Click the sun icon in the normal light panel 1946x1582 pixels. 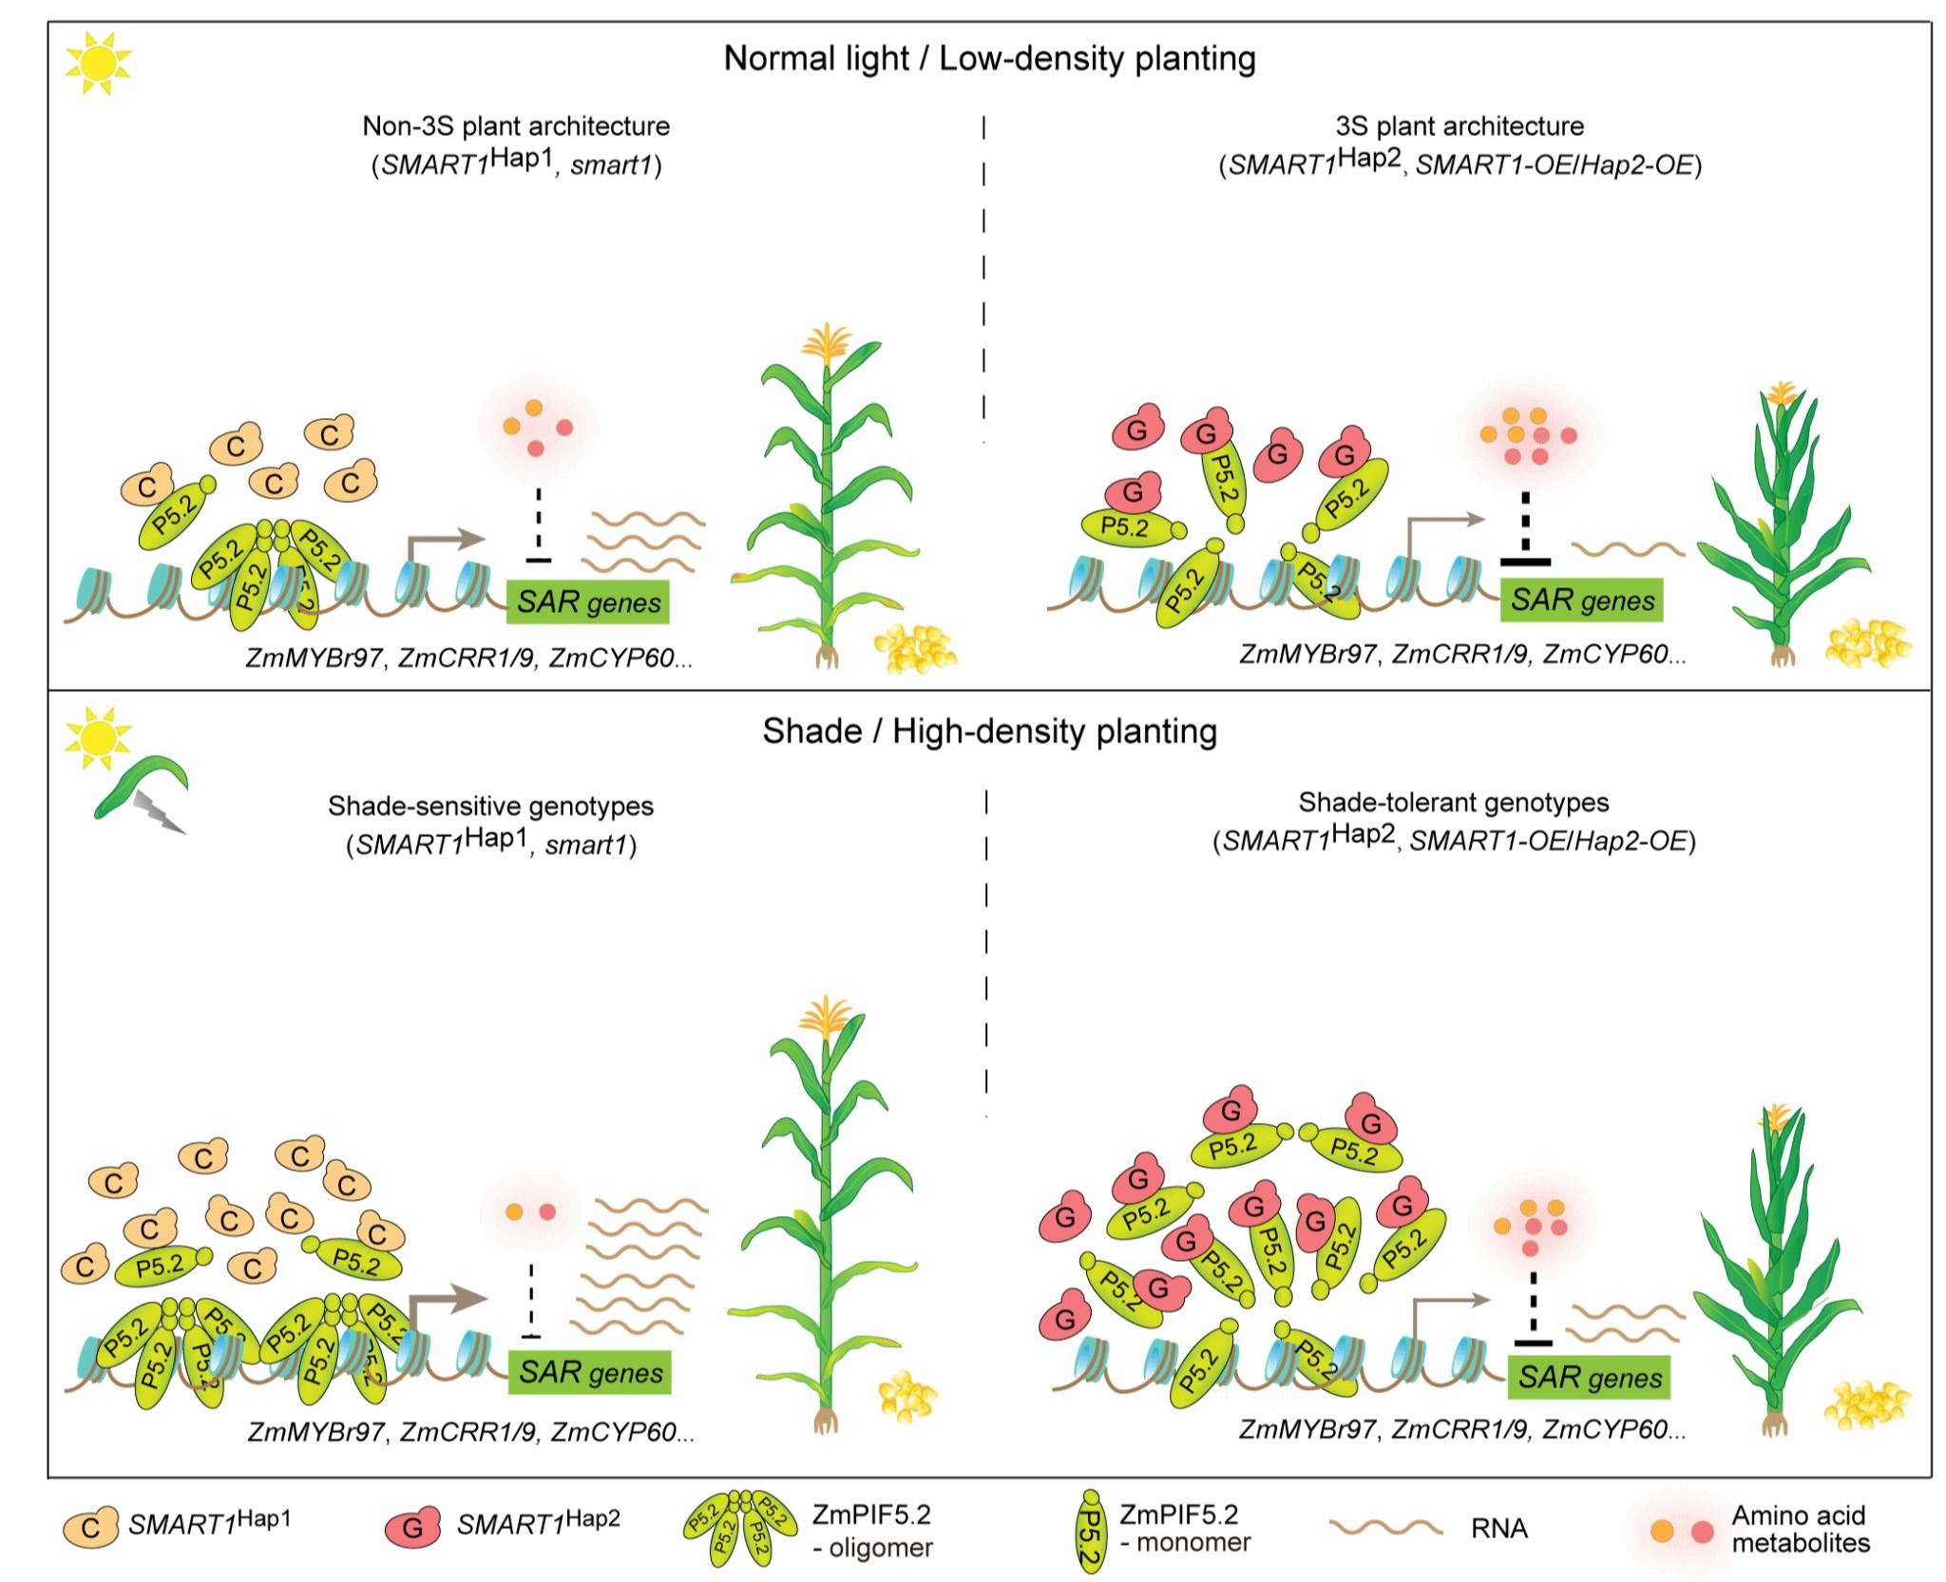[98, 63]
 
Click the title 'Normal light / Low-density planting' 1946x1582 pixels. [989, 59]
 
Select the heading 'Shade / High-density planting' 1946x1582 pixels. [989, 732]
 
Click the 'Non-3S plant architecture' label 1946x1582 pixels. [516, 126]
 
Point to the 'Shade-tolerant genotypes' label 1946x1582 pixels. [1454, 803]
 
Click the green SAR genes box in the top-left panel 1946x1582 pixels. [588, 602]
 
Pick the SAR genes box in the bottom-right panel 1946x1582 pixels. [1589, 1378]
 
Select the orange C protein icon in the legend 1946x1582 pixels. [91, 1527]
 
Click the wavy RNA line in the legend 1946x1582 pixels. [1386, 1527]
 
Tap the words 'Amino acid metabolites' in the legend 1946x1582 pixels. [1801, 1529]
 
